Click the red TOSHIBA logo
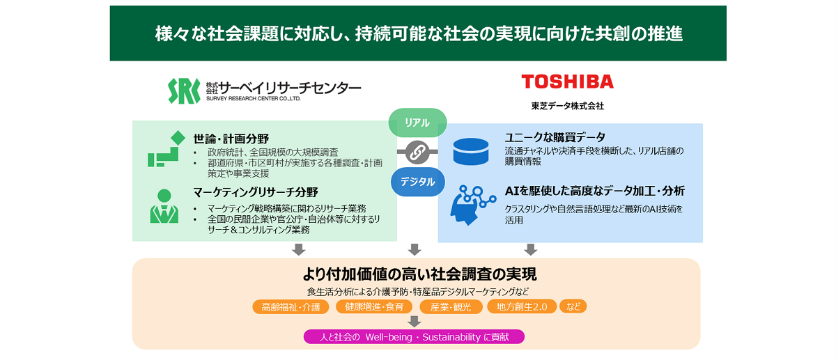click(x=567, y=81)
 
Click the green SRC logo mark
click(x=184, y=91)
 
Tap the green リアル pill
click(x=417, y=123)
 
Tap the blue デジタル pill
click(x=417, y=182)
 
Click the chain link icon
click(x=417, y=152)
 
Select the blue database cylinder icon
click(x=471, y=151)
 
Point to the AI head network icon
click(x=472, y=201)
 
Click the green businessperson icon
click(x=164, y=206)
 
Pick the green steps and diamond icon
click(x=166, y=149)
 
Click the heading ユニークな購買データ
click(x=555, y=137)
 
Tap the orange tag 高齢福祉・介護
click(x=291, y=307)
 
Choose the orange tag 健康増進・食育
click(x=374, y=307)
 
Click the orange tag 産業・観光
click(x=450, y=307)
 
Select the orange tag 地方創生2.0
click(x=522, y=307)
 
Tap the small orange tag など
click(x=573, y=306)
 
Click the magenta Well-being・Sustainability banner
click(x=414, y=337)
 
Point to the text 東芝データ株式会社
click(x=567, y=107)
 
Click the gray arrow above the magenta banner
click(x=415, y=321)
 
